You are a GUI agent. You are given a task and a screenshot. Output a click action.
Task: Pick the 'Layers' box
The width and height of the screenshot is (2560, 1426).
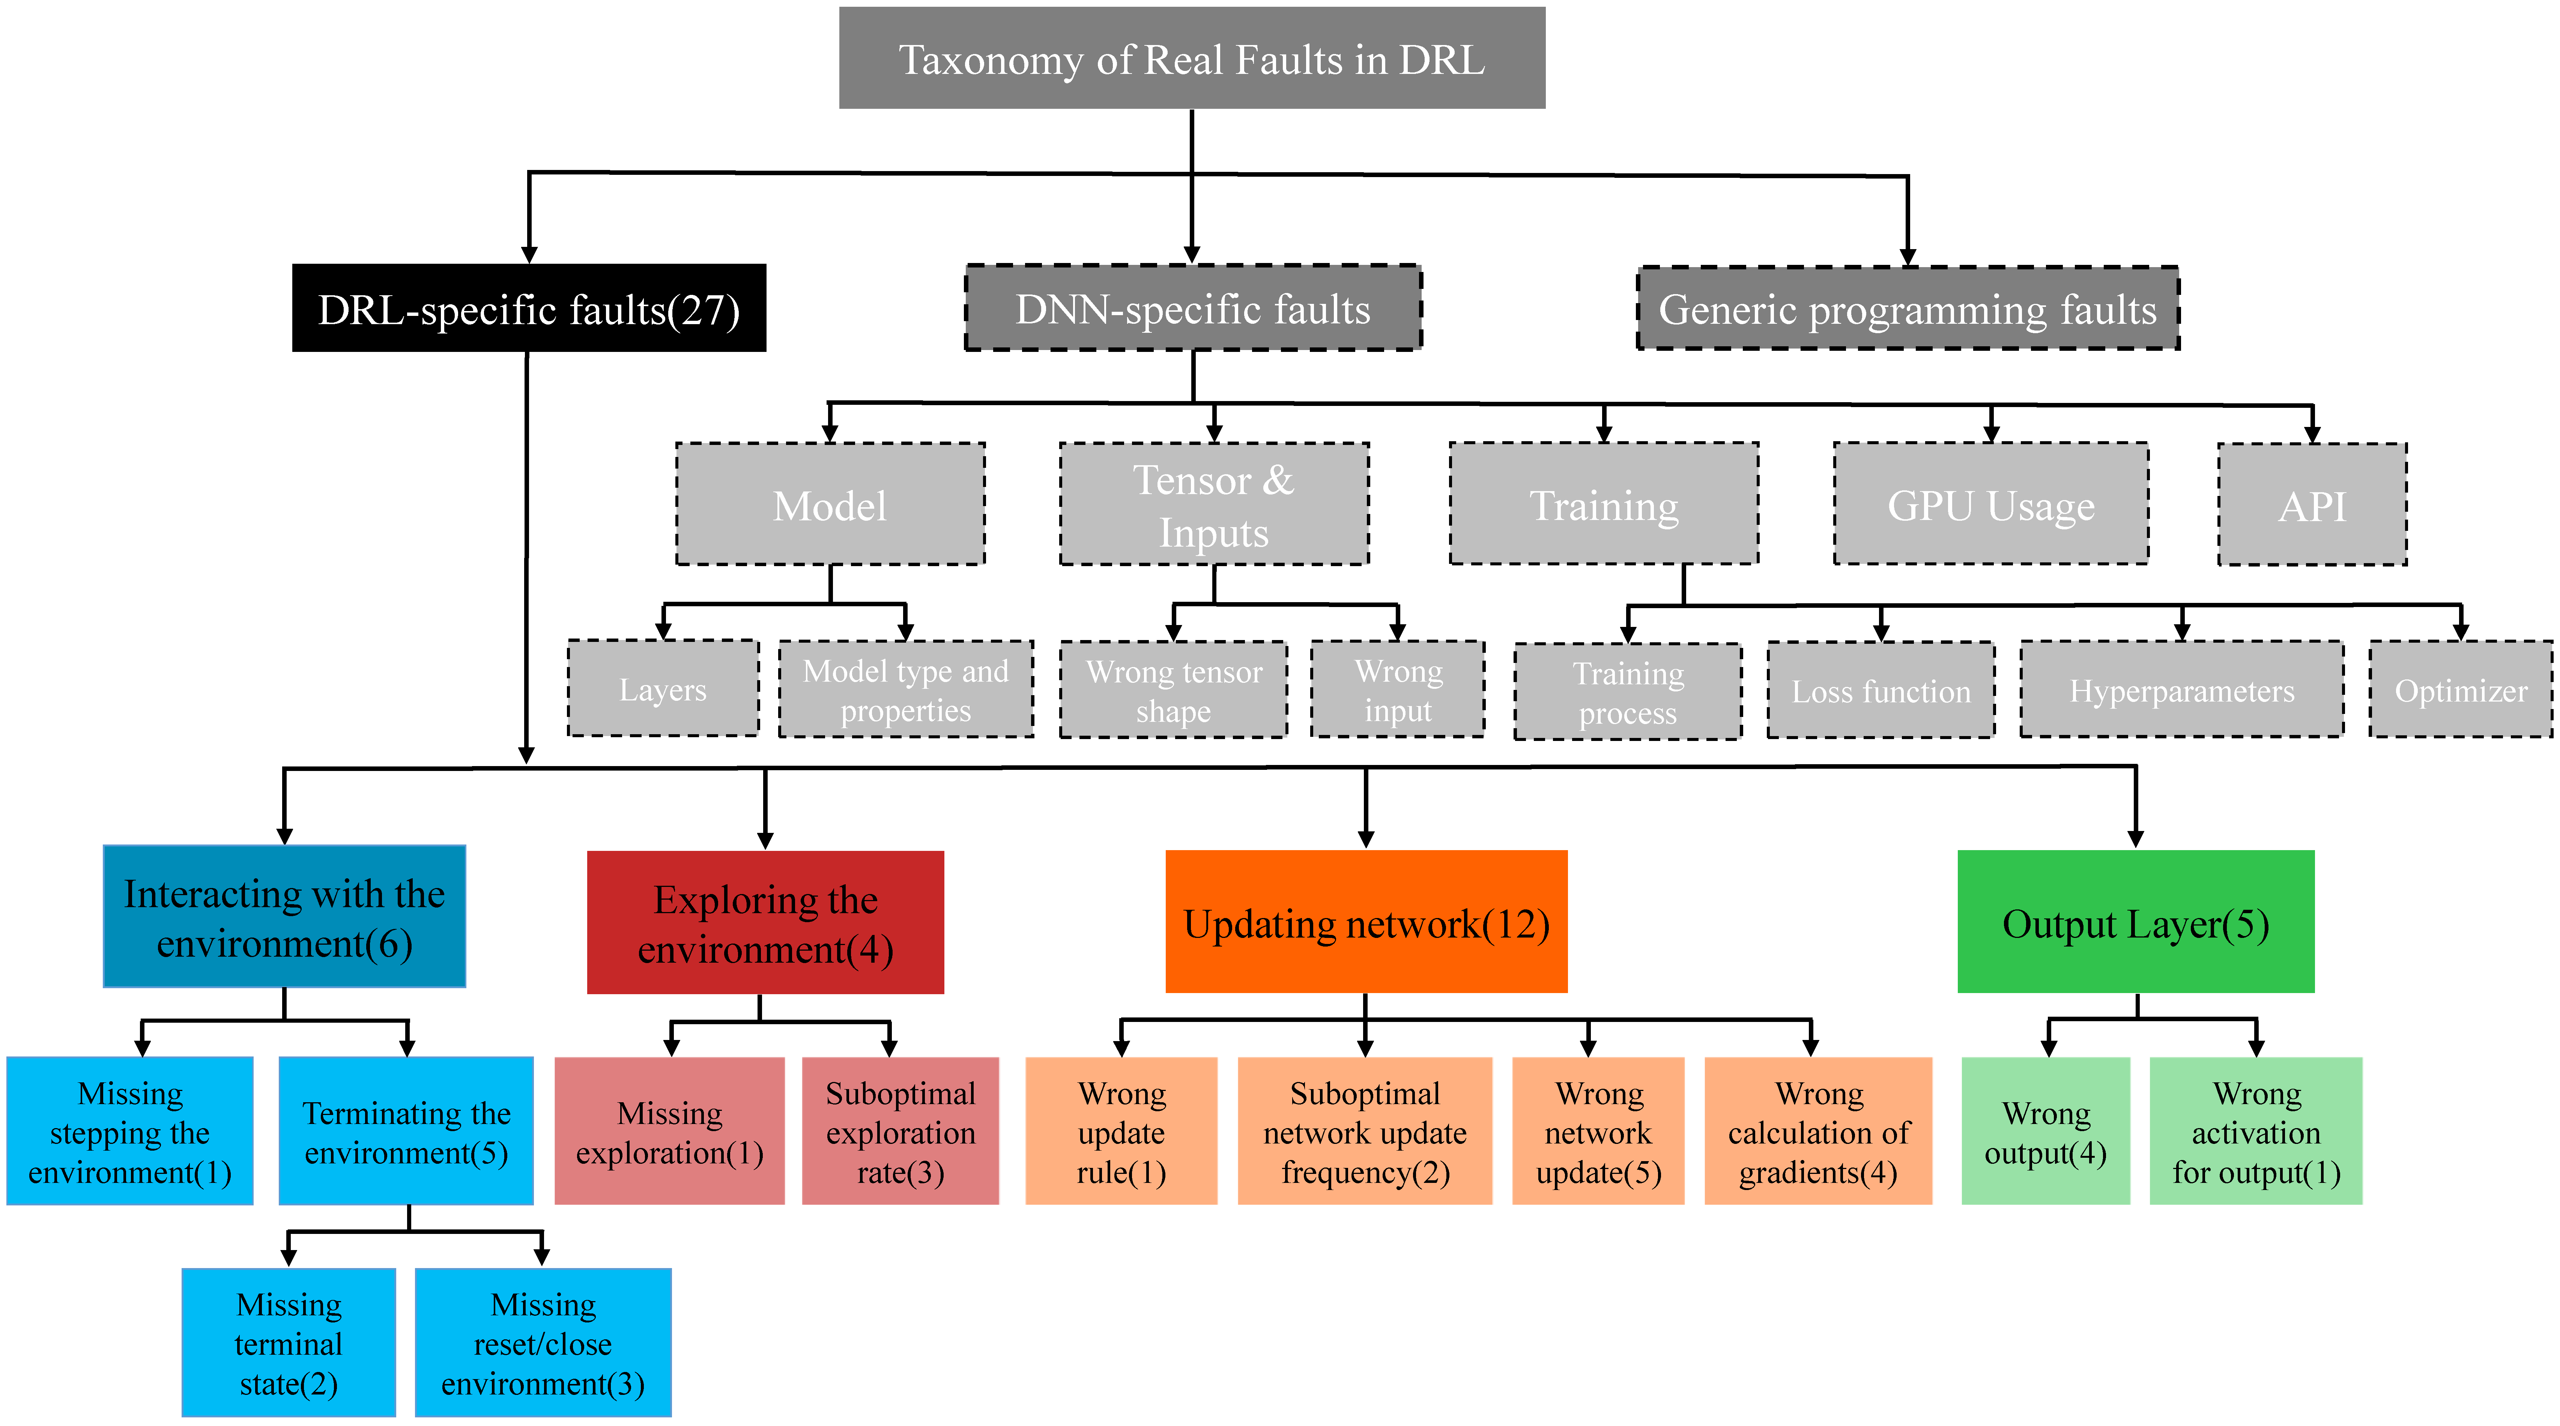pos(663,689)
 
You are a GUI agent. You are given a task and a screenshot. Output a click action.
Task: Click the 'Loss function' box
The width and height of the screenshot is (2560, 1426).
pos(1880,691)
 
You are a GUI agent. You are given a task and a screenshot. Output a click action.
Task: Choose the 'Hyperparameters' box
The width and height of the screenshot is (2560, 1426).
pos(2181,690)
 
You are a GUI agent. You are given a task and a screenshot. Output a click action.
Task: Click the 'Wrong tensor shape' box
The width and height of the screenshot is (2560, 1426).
pos(1174,690)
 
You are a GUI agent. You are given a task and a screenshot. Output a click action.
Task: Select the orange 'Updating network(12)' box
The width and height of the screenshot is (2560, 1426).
pos(1365,922)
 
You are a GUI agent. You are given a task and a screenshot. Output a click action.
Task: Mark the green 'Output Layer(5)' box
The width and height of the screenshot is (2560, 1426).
pos(2135,922)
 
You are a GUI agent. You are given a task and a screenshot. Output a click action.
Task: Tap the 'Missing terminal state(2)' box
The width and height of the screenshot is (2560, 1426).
pos(288,1343)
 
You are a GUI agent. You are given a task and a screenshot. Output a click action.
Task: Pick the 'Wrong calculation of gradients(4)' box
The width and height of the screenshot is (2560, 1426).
pos(1817,1131)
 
